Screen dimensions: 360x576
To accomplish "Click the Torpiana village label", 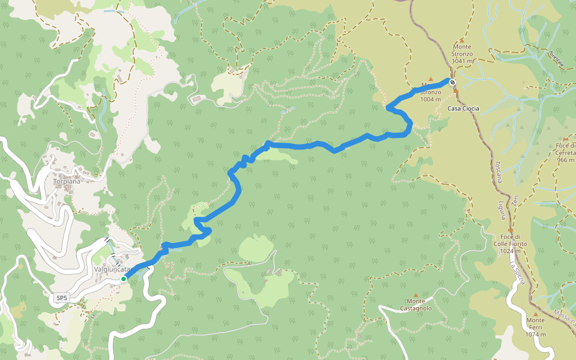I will coord(67,181).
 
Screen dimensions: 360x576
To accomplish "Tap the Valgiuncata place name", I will coord(112,269).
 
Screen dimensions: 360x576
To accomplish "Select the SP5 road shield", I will coord(61,298).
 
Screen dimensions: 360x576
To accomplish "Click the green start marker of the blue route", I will coord(124,279).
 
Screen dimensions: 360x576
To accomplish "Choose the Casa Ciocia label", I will coord(464,109).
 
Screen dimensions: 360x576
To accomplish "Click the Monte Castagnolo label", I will coord(416,305).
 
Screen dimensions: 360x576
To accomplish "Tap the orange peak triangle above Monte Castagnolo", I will coord(416,295).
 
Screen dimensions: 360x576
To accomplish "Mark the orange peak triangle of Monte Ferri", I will coord(535,313).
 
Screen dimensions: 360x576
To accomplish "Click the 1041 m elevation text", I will coord(463,61).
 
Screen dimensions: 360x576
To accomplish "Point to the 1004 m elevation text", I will coord(431,100).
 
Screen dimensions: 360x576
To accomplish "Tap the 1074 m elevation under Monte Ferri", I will coord(535,334).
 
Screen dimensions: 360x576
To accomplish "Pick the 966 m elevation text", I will coord(566,160).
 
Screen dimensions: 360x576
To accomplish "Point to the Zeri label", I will coord(515,201).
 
